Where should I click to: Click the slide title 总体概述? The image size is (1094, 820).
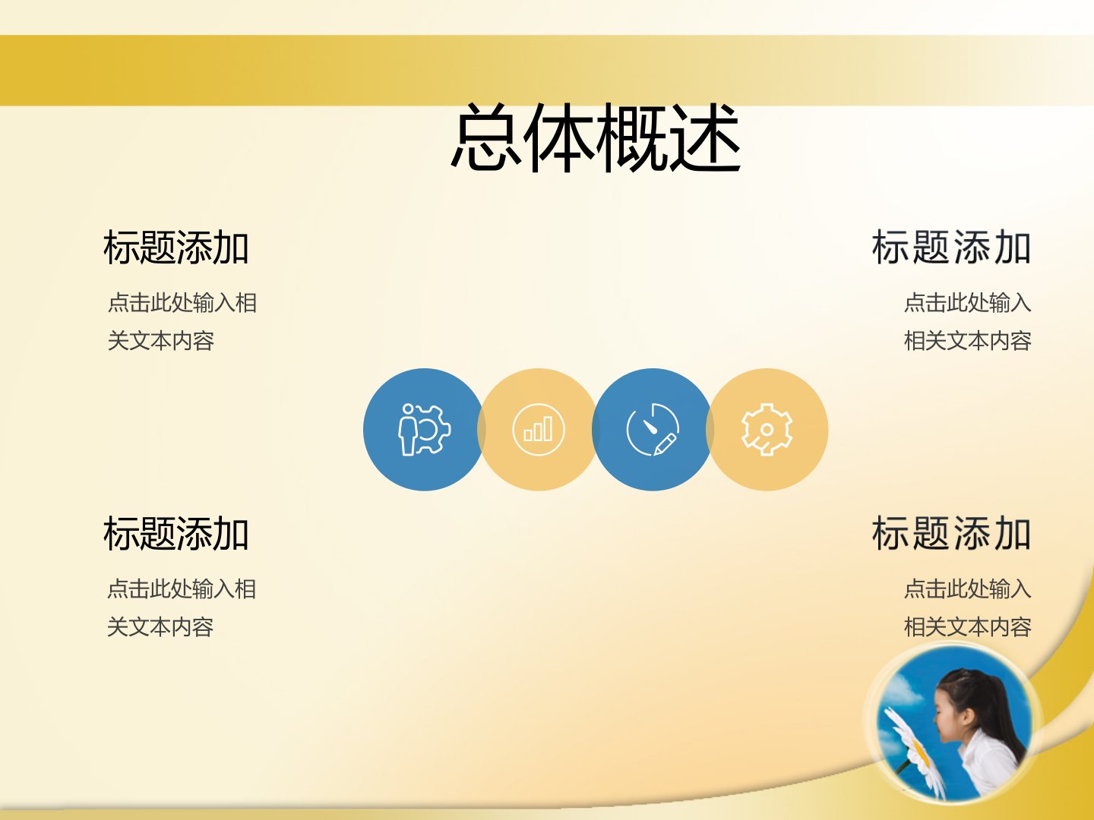click(595, 138)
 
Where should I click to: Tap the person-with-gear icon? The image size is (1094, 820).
click(424, 429)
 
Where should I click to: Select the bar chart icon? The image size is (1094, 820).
click(539, 429)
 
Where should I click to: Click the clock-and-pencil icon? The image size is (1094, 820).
click(653, 429)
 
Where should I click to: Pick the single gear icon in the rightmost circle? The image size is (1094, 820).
click(767, 429)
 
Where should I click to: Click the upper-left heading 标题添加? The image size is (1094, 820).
click(176, 248)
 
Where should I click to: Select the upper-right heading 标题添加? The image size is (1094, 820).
click(951, 248)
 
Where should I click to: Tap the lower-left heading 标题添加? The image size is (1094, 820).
click(176, 533)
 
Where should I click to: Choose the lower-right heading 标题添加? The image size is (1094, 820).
click(951, 533)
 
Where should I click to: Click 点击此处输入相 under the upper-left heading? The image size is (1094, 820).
click(182, 303)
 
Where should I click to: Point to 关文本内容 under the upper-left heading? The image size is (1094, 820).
click(161, 341)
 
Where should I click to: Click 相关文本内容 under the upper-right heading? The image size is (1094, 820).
click(967, 341)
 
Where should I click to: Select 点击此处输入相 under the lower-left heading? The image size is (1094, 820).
click(182, 589)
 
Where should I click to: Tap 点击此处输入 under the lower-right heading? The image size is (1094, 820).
click(967, 589)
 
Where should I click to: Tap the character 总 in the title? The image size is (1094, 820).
click(486, 138)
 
